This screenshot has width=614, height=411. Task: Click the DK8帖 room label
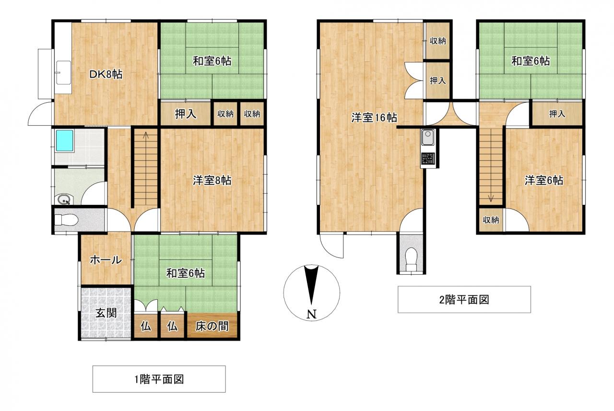tap(106, 74)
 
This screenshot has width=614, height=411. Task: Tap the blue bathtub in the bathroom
tap(65, 141)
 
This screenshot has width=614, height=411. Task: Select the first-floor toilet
tap(67, 220)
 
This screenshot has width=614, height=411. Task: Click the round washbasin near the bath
tap(65, 200)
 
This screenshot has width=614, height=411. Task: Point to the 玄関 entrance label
tap(106, 313)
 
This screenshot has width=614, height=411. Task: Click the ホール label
tap(106, 260)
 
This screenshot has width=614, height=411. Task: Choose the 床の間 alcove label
tap(212, 326)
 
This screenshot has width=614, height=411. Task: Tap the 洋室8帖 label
tap(212, 180)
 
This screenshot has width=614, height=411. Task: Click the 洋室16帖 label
tap(374, 117)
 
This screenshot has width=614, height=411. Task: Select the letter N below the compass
tap(311, 314)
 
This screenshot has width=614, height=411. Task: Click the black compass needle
tap(311, 285)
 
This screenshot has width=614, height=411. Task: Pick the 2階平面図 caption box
tap(464, 299)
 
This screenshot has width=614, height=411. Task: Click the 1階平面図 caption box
tap(159, 379)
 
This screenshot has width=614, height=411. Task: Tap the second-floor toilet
tap(411, 259)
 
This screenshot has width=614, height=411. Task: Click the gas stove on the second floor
tap(428, 159)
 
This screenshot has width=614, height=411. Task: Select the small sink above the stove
tap(427, 138)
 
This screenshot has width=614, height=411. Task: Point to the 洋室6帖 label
tap(544, 180)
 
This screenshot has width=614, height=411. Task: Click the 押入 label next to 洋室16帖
tap(437, 81)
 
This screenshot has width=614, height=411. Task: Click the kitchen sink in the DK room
tap(64, 72)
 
